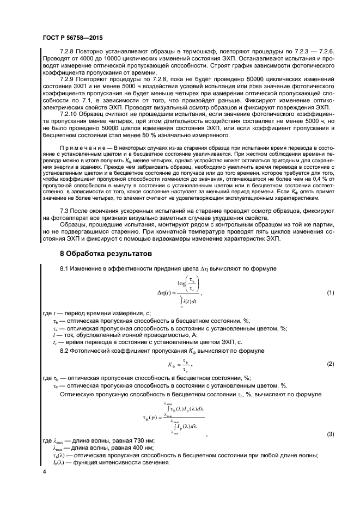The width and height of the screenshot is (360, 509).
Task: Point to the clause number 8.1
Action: click(64, 269)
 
